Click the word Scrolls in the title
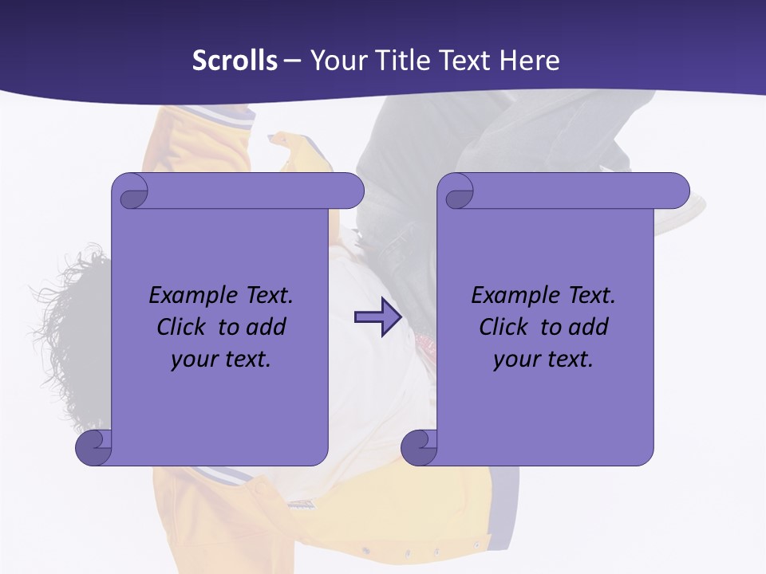click(235, 61)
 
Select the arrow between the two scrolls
click(377, 318)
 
